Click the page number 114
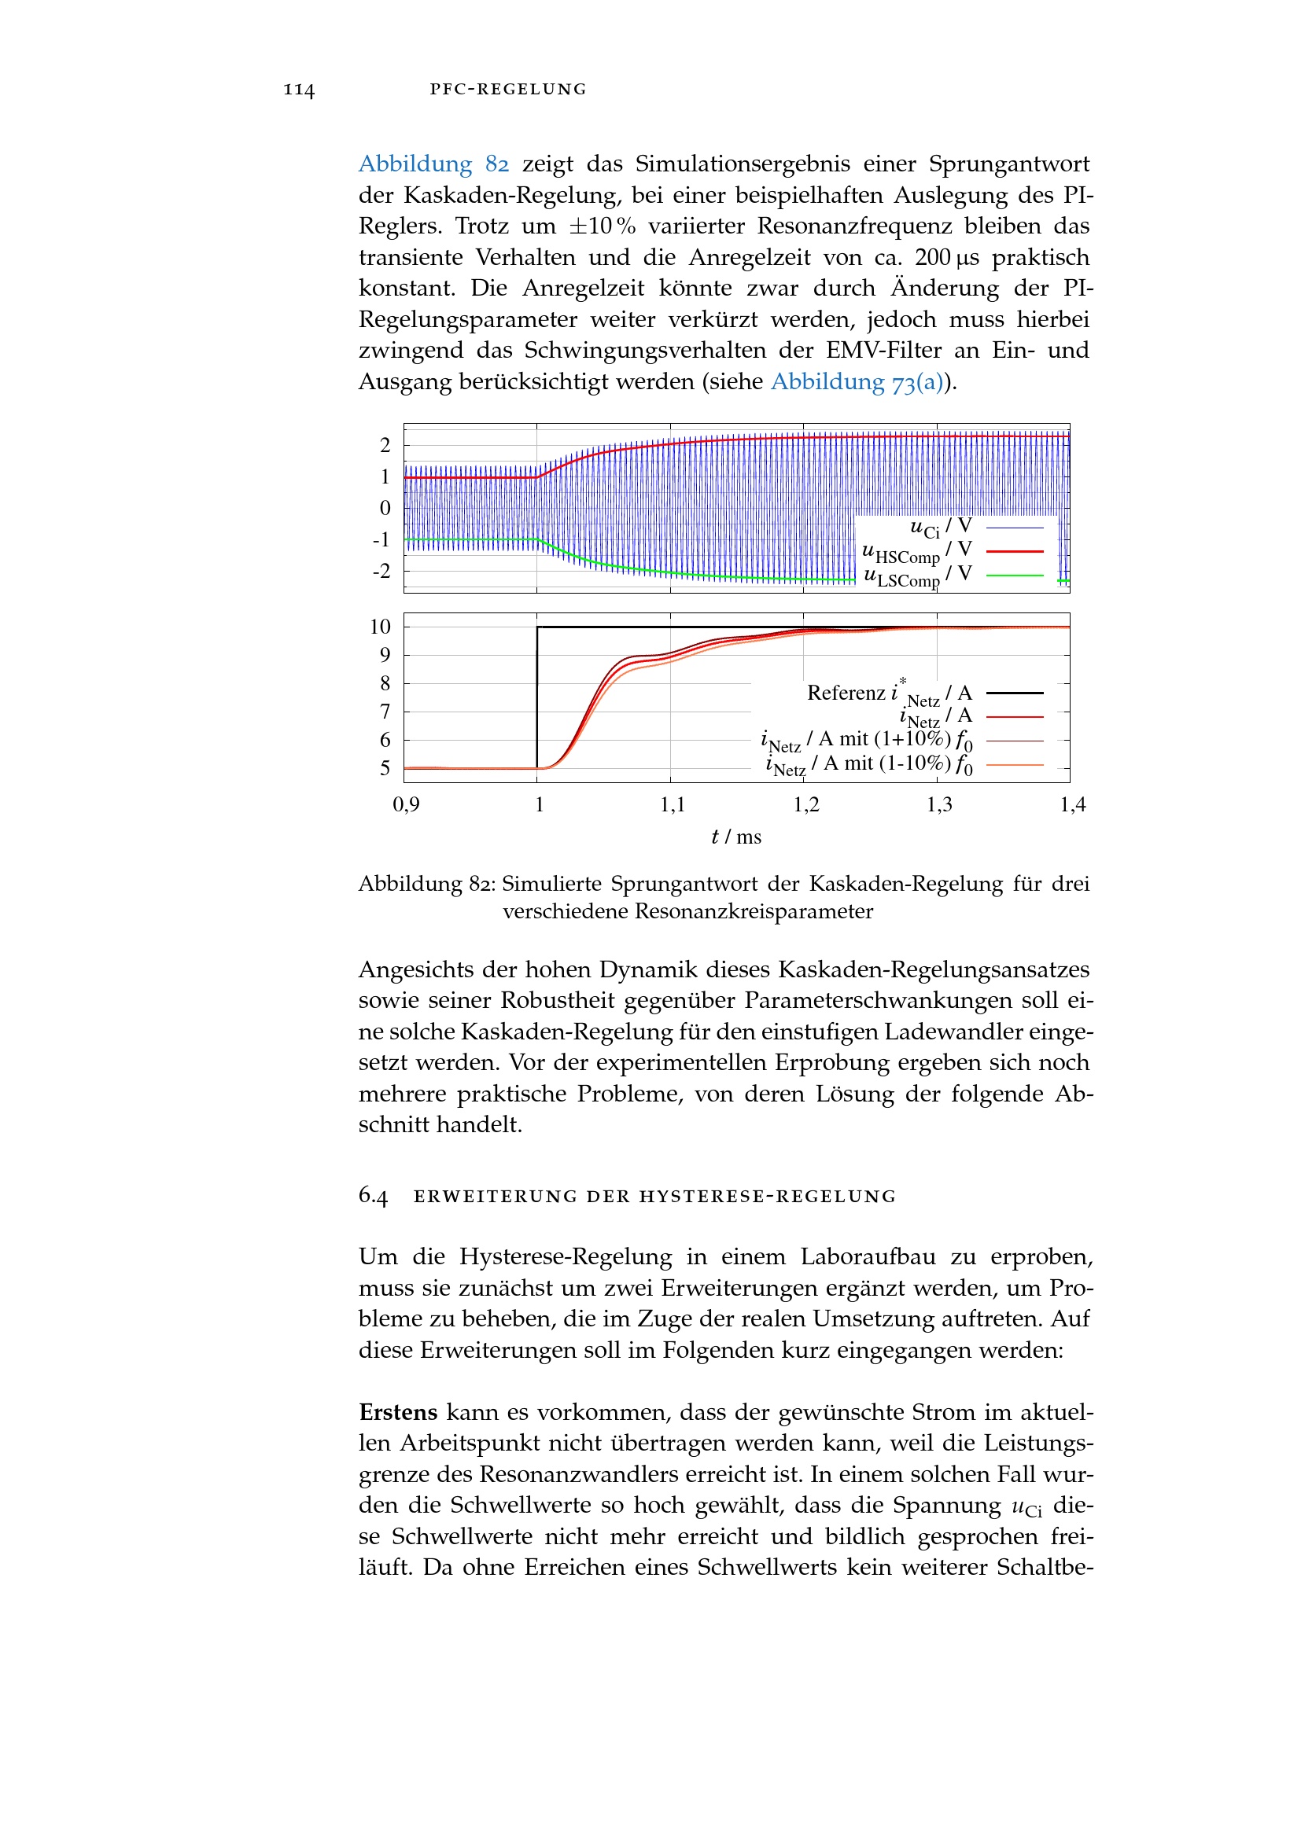[299, 89]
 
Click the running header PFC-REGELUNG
[508, 89]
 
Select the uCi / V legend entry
[942, 527]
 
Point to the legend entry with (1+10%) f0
[867, 741]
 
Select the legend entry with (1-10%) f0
[869, 765]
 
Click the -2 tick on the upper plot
[382, 571]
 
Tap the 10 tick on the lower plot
[381, 627]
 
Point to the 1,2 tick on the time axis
[806, 804]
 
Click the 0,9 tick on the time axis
[406, 804]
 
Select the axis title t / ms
[736, 837]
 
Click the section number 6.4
[374, 1196]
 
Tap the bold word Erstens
[398, 1412]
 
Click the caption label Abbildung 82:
[427, 884]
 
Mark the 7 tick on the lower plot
[385, 712]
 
